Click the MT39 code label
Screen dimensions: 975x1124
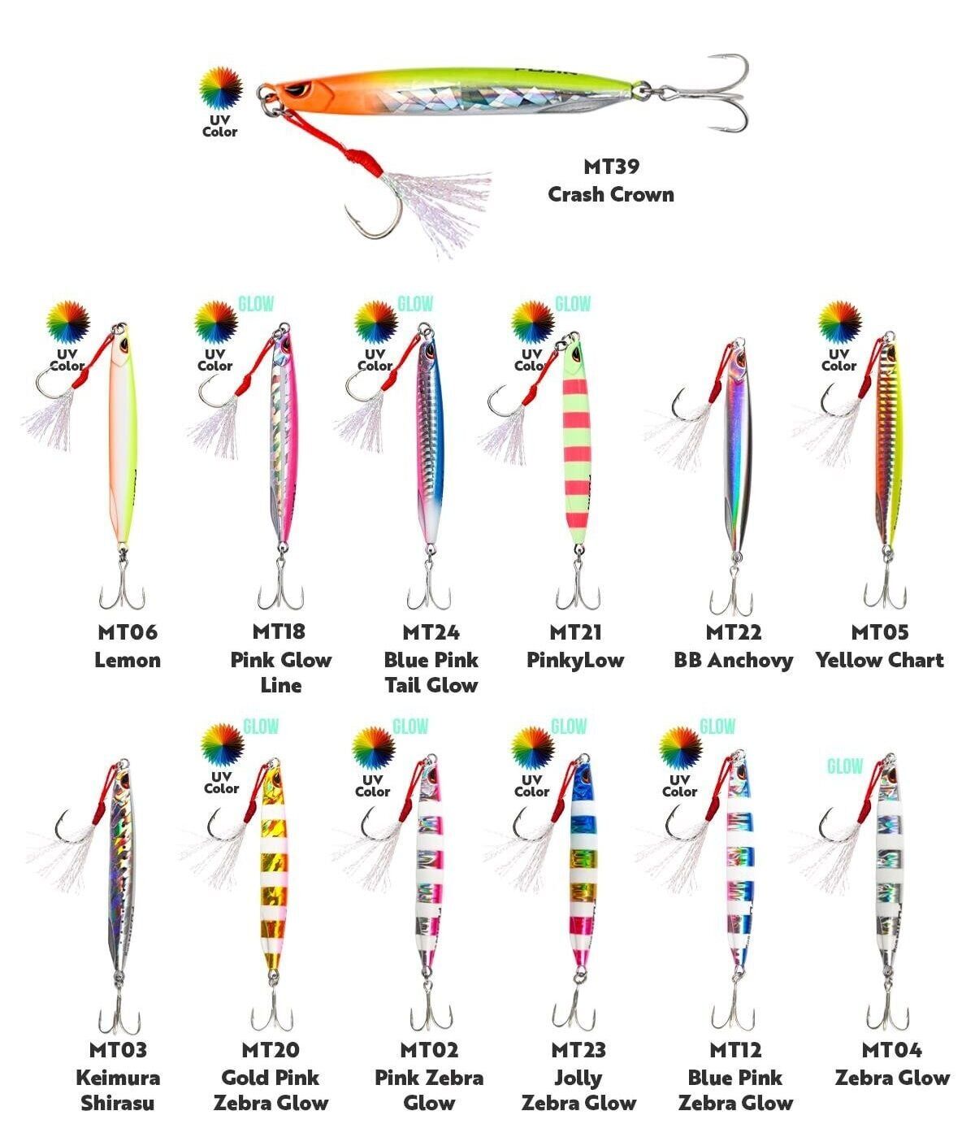tap(612, 167)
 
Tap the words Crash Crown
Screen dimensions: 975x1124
tap(611, 194)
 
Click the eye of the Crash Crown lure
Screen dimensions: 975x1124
tap(299, 88)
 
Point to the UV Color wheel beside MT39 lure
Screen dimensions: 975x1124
tap(221, 88)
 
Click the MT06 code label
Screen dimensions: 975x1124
tap(128, 632)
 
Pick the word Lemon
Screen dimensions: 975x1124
tap(128, 660)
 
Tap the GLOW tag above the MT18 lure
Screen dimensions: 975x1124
tap(256, 304)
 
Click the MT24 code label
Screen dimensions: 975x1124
tap(431, 632)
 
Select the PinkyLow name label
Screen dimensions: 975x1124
tap(575, 660)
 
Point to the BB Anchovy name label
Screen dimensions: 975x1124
tap(734, 660)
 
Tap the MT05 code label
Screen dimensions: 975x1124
tap(879, 632)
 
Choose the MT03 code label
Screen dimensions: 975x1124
tap(118, 1050)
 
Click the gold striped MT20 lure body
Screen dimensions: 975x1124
tap(273, 867)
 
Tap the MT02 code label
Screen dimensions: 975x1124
tap(429, 1050)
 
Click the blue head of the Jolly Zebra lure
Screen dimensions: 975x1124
tap(582, 780)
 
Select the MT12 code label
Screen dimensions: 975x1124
tap(735, 1050)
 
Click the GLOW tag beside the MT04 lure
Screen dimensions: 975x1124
tap(845, 766)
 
